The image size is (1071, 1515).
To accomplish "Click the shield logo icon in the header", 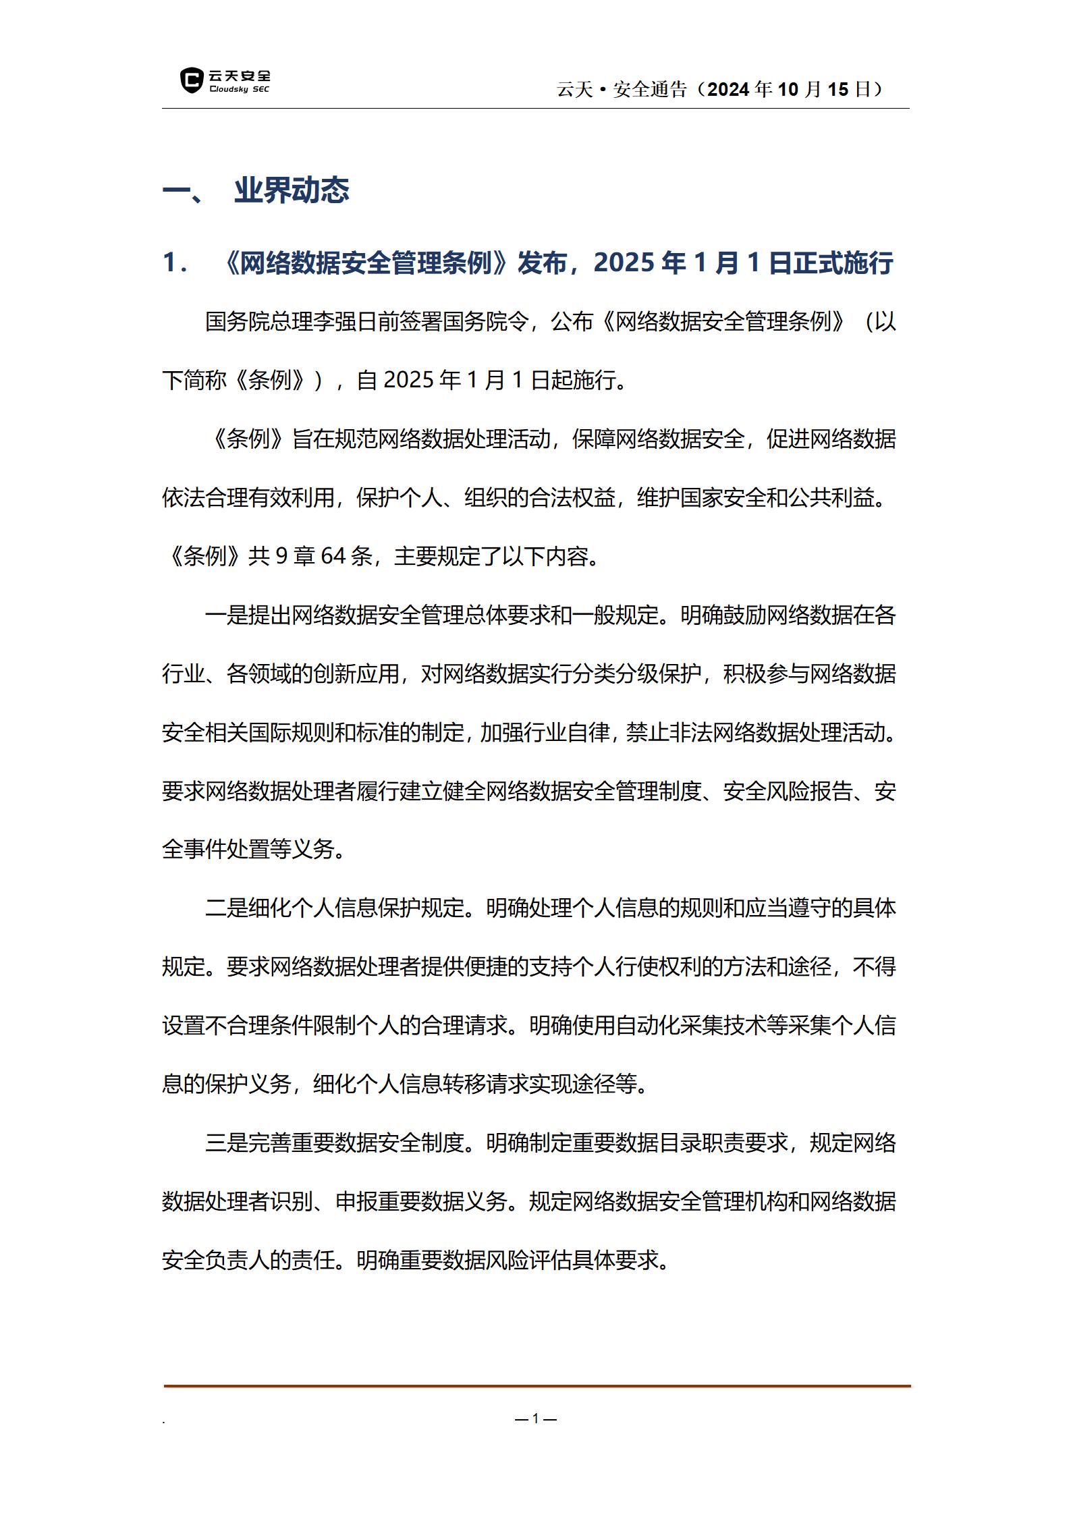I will (192, 80).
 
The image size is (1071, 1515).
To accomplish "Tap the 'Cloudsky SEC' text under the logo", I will (240, 90).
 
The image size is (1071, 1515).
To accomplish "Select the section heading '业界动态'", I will (292, 190).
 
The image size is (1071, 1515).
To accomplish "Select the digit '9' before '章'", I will (282, 556).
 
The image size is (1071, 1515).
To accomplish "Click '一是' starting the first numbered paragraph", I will (227, 615).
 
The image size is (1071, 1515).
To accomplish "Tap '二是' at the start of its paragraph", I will (227, 908).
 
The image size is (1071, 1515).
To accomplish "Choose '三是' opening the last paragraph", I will (227, 1142).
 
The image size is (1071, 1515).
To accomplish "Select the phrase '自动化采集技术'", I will (692, 1026).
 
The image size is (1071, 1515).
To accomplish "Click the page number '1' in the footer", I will (536, 1418).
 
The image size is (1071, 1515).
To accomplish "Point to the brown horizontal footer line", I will (537, 1386).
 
